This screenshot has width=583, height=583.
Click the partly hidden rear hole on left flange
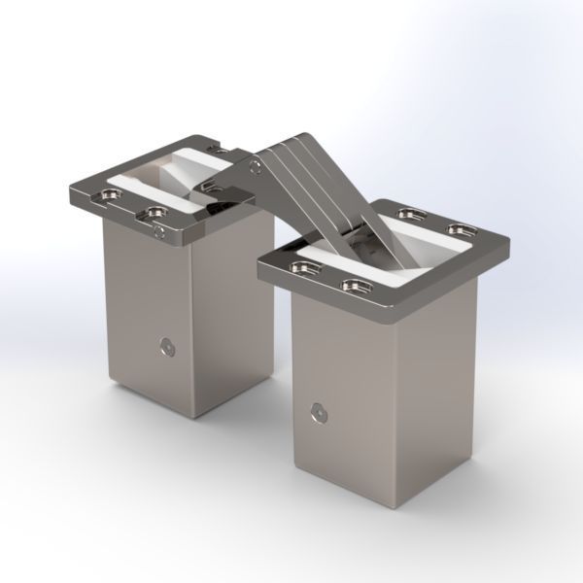point(222,152)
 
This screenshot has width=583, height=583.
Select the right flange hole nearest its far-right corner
point(459,229)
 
